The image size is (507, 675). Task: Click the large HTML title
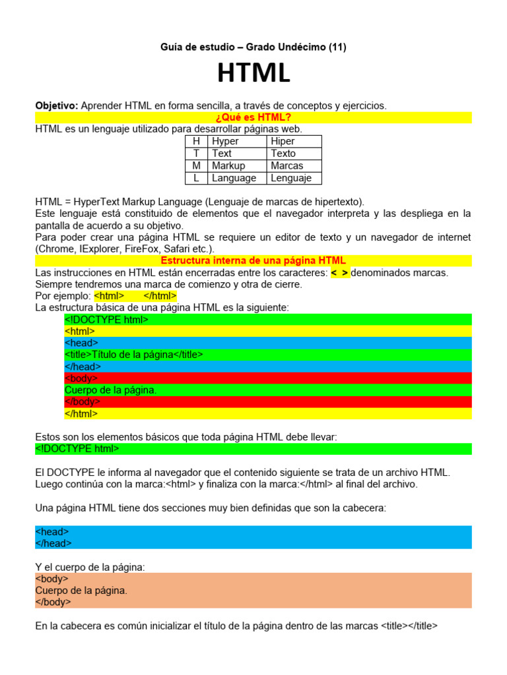[253, 73]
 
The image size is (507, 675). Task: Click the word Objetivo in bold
[56, 105]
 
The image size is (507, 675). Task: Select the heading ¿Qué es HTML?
[253, 117]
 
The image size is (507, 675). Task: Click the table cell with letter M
[196, 165]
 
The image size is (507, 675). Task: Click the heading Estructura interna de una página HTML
[253, 260]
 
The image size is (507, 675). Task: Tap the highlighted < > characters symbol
[340, 272]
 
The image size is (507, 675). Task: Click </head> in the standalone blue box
[53, 543]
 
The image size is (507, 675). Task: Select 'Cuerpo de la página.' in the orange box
[81, 590]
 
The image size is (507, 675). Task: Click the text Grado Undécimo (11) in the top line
[299, 47]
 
